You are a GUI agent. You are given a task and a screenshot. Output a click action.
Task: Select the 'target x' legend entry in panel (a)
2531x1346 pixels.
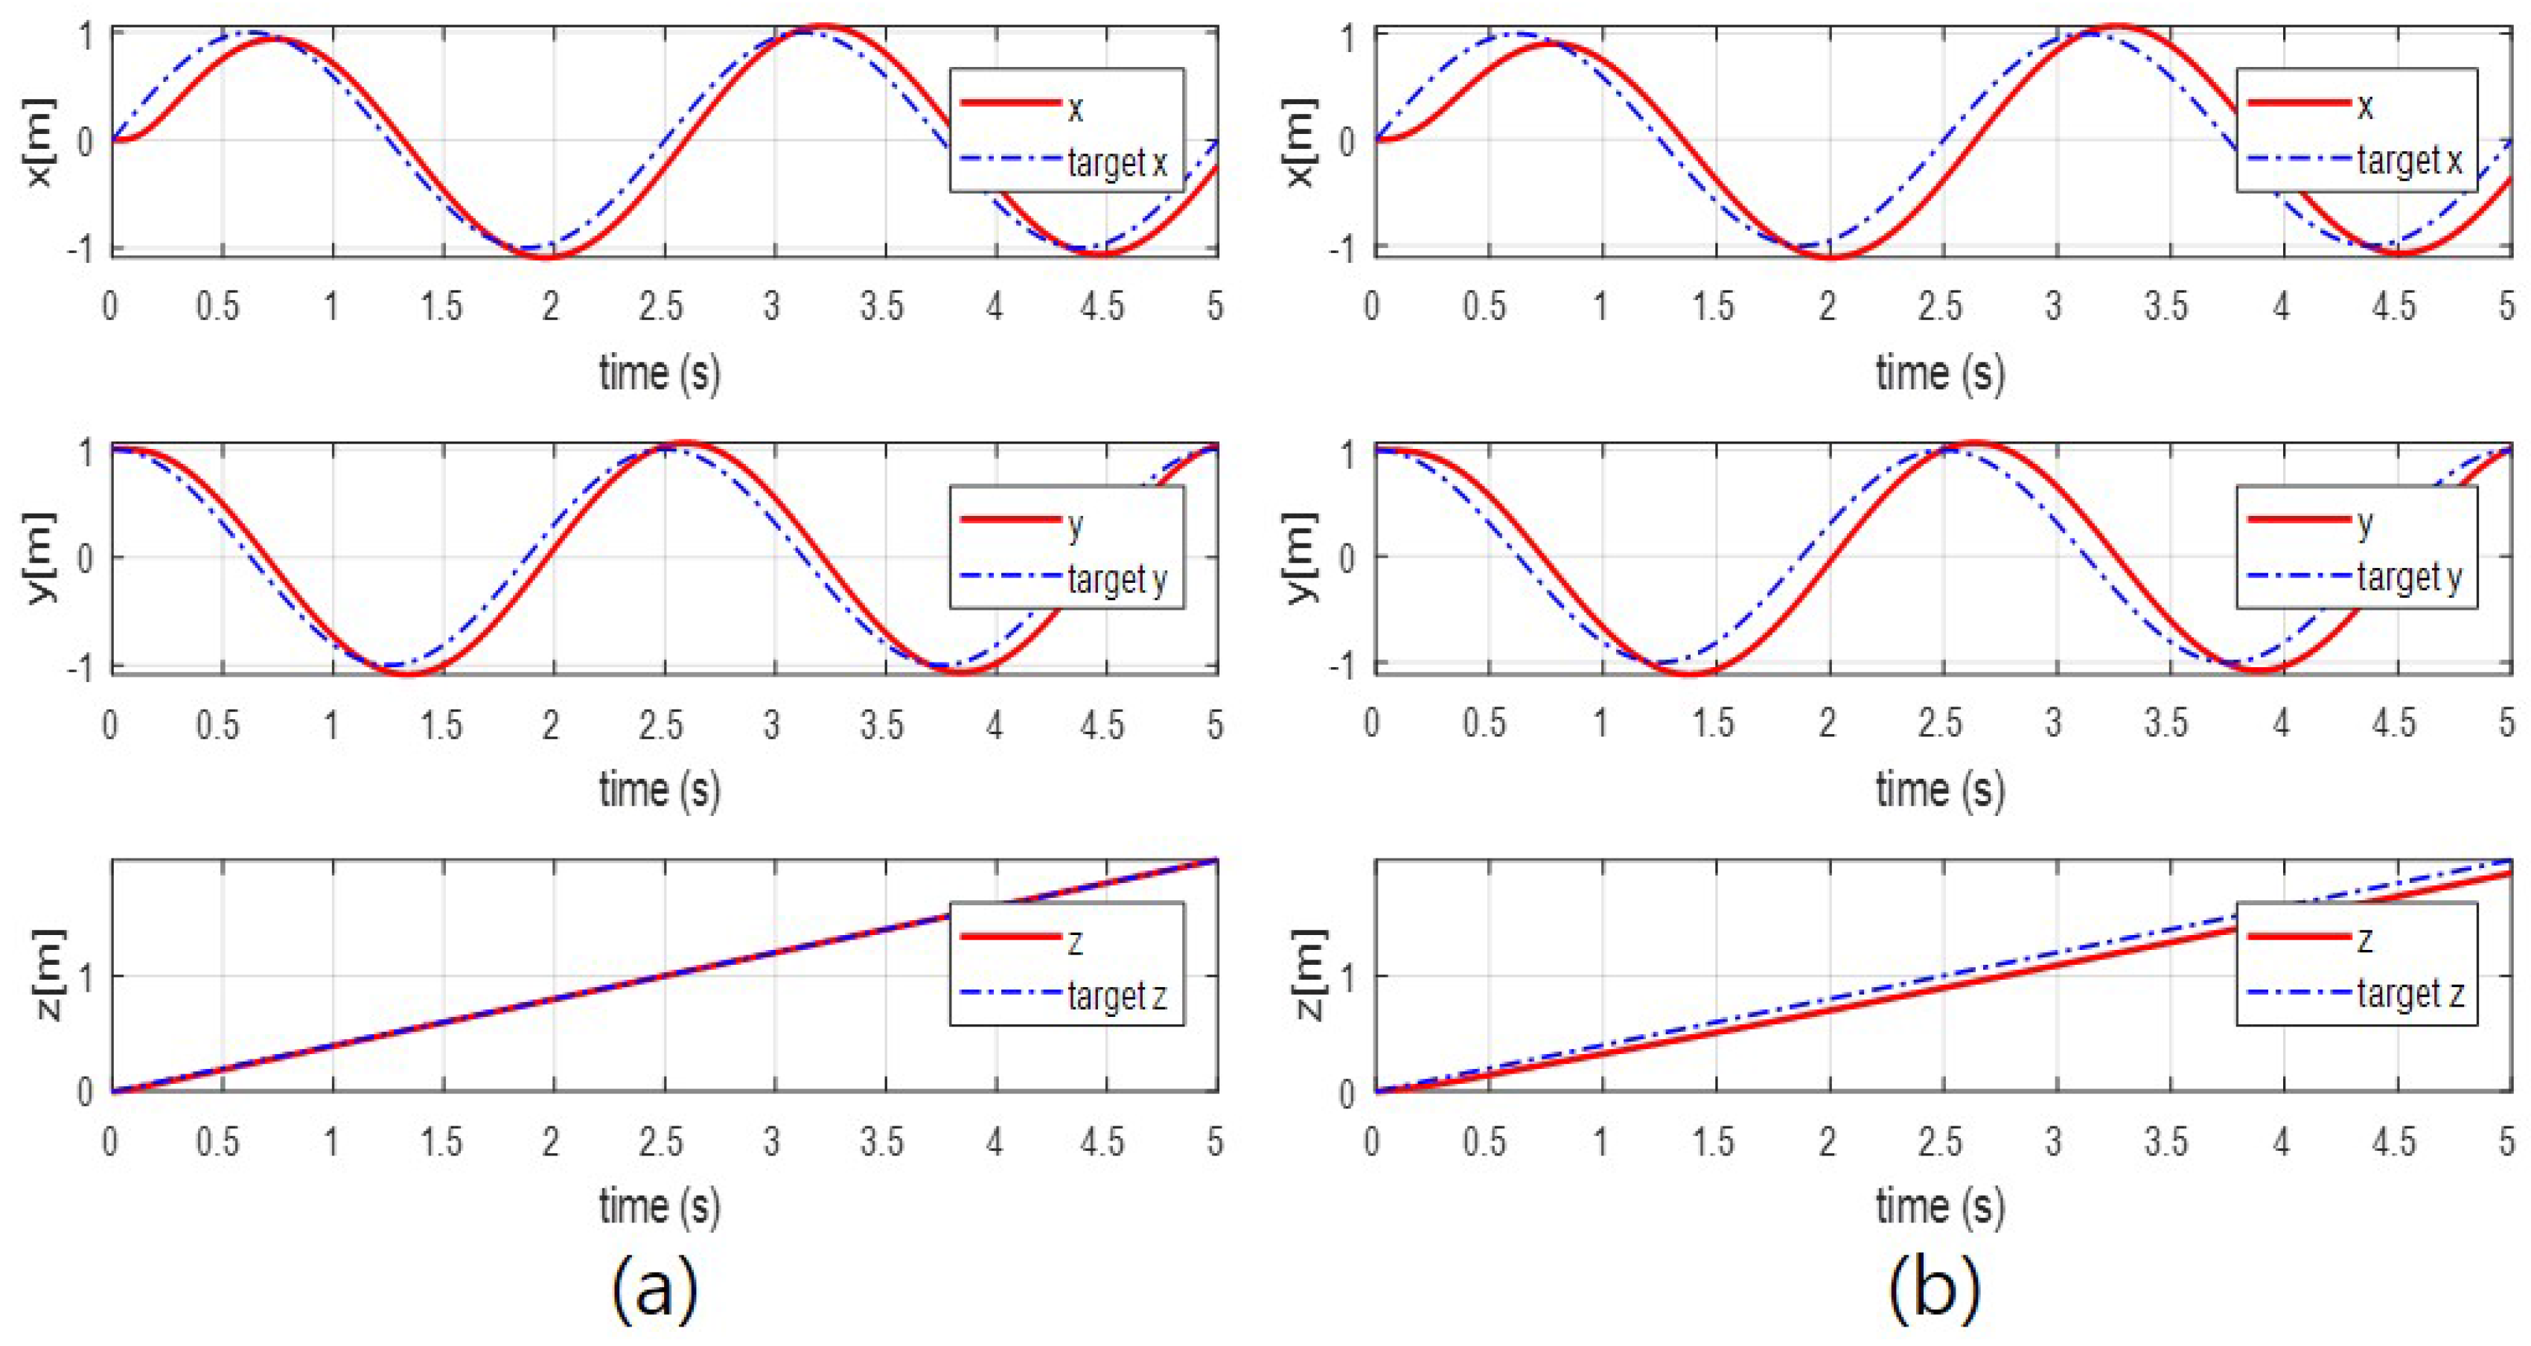click(x=1117, y=162)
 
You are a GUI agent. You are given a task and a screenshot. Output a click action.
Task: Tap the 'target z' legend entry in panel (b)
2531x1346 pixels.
click(x=2409, y=995)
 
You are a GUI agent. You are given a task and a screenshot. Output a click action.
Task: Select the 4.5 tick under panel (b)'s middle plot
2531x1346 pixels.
click(x=2395, y=723)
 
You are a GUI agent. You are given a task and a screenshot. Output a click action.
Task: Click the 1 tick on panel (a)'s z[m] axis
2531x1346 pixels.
click(x=86, y=975)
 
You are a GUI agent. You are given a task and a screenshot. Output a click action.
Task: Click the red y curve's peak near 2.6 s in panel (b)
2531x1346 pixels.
click(x=1975, y=444)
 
